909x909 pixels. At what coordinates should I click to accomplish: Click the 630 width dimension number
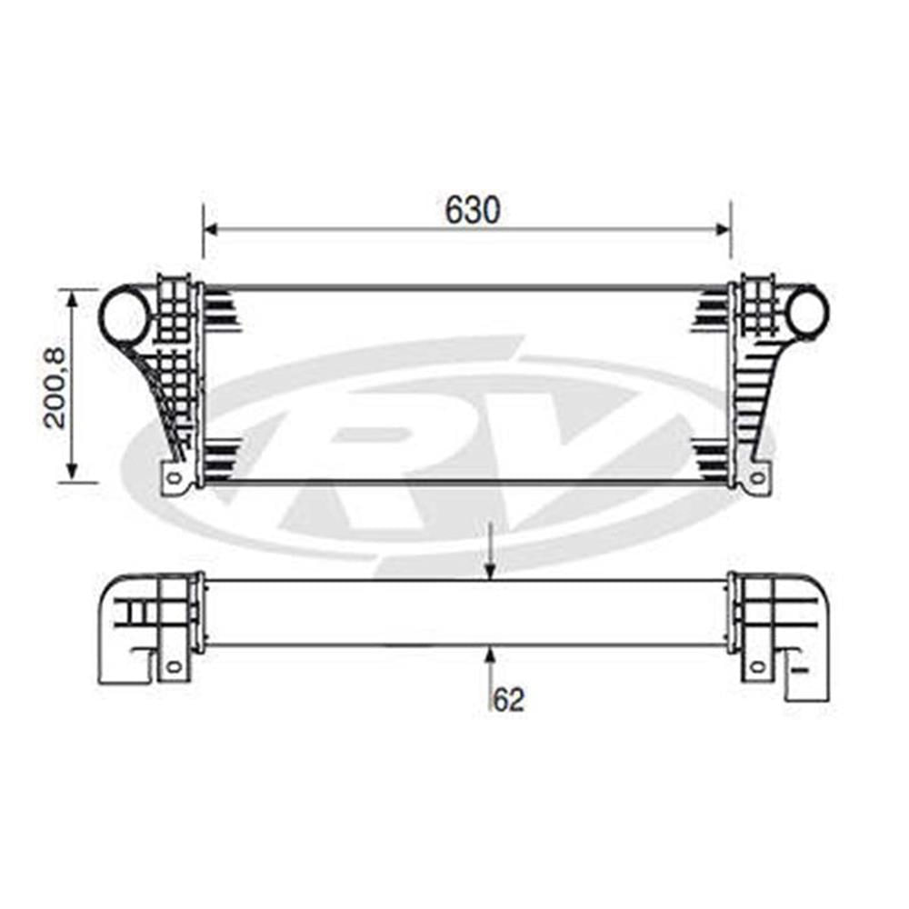pos(473,211)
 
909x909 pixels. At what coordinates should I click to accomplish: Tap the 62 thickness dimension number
pos(510,699)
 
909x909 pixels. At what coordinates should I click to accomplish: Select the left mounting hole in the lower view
pos(175,666)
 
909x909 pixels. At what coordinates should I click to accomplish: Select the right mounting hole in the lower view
pos(756,666)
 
